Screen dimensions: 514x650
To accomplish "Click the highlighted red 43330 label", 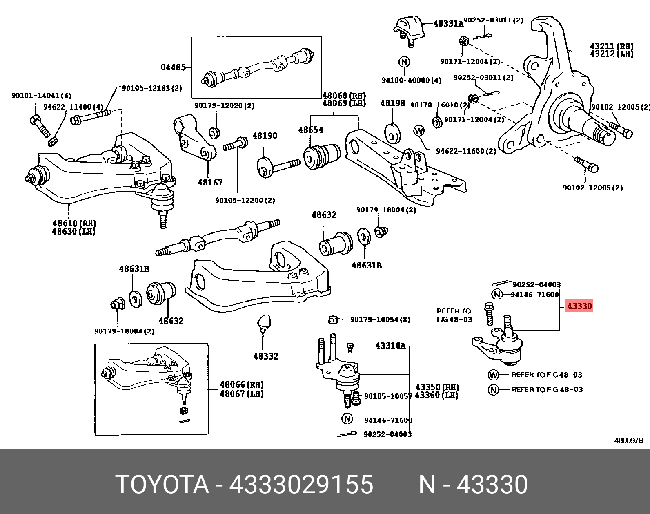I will click(579, 306).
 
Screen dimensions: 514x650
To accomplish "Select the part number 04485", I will click(173, 67).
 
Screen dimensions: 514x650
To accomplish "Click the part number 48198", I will click(392, 103).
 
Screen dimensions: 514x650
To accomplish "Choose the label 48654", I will click(310, 130).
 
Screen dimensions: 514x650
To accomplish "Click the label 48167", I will click(210, 182).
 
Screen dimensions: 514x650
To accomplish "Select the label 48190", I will click(264, 136).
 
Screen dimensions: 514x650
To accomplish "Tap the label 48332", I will click(265, 356).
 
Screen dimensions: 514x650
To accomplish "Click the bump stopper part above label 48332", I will click(263, 322).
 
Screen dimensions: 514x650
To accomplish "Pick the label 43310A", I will click(390, 346).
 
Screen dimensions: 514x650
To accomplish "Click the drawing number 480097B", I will click(629, 441).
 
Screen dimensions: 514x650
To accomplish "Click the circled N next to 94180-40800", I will click(404, 62).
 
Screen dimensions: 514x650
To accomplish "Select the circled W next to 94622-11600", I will click(419, 131).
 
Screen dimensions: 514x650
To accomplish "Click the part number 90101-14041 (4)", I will click(41, 96).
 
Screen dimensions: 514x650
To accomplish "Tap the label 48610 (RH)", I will click(73, 223).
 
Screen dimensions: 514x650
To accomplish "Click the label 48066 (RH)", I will click(241, 384).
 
